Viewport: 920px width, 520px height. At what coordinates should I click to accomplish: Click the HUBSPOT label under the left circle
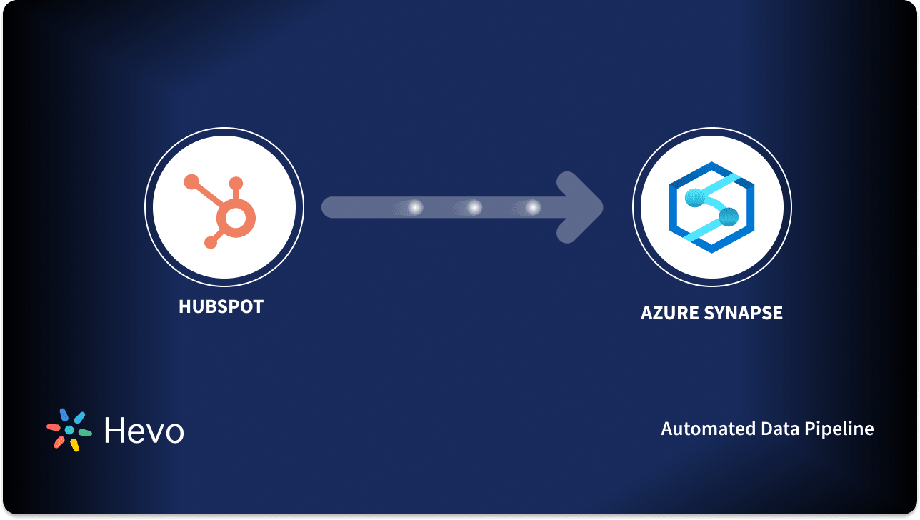[221, 307]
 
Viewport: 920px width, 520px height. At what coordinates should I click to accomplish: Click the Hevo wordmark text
[144, 431]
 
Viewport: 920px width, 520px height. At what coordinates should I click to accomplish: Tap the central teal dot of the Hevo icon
[69, 430]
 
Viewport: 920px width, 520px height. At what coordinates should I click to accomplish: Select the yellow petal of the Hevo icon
[74, 444]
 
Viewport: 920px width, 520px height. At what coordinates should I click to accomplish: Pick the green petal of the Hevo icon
[85, 433]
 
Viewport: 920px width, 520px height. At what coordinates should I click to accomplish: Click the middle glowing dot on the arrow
[474, 208]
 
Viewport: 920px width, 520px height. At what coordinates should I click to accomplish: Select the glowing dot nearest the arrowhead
[533, 208]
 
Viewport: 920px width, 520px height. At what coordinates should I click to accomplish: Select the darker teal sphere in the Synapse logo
[727, 216]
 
